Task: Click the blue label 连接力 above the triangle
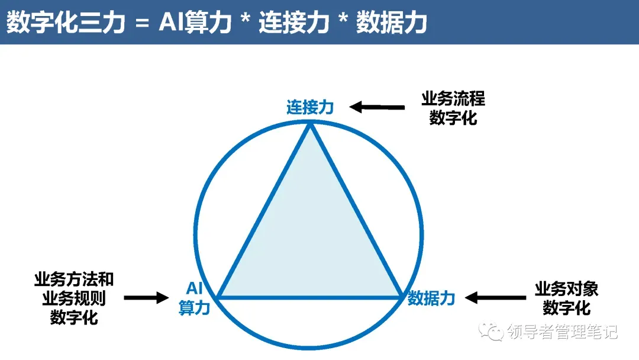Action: click(x=310, y=107)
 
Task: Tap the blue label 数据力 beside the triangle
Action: click(x=431, y=298)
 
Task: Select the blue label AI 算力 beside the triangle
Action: click(x=195, y=298)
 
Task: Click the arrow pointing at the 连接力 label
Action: click(x=377, y=107)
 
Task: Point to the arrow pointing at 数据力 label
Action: click(x=495, y=297)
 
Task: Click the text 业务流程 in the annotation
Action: click(x=453, y=98)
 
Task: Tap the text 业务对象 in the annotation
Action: click(x=566, y=289)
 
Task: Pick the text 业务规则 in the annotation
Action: click(x=74, y=298)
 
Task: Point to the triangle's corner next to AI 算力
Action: click(x=218, y=296)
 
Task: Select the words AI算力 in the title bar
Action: click(x=195, y=22)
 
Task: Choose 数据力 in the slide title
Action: click(x=391, y=22)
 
